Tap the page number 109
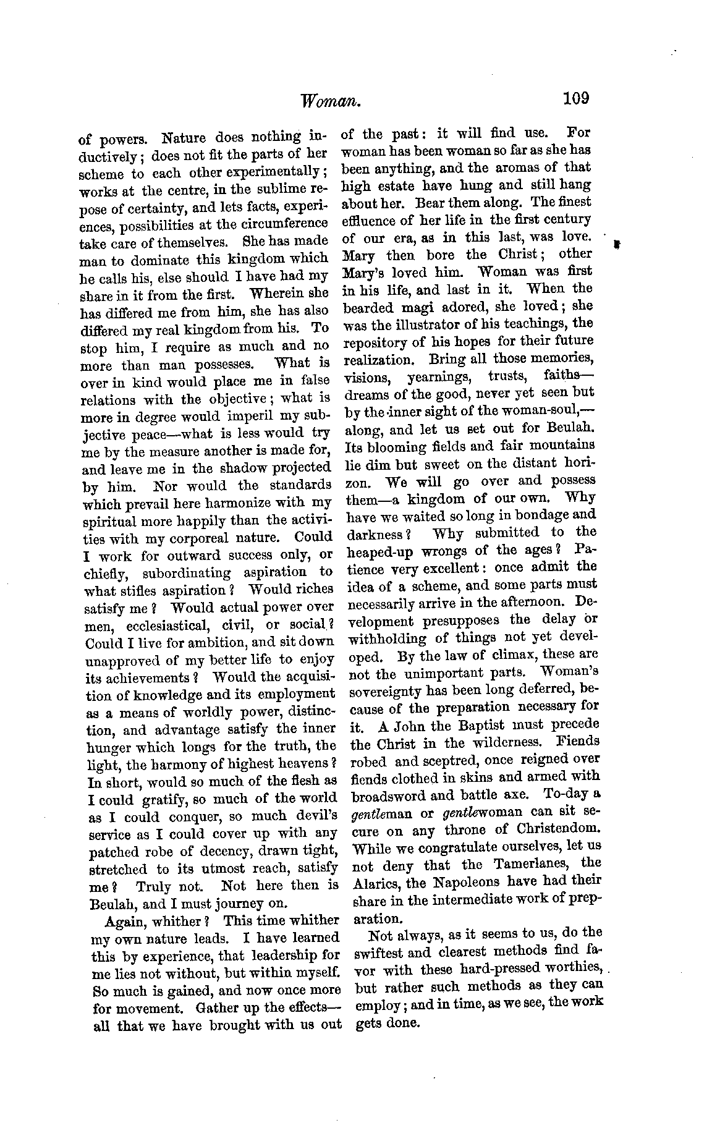[576, 99]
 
